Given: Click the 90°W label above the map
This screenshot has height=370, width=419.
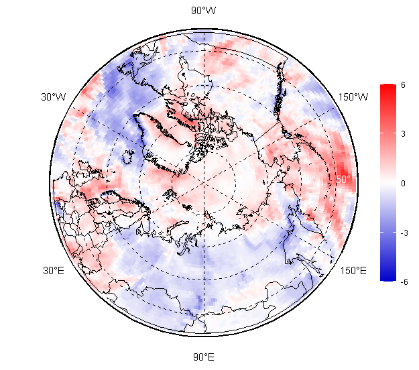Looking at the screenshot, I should click(204, 10).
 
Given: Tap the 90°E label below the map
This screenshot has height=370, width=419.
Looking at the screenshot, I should click(204, 357).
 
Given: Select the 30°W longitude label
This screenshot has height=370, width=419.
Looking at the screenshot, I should click(54, 97).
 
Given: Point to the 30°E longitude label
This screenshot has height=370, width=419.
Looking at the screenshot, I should click(54, 271).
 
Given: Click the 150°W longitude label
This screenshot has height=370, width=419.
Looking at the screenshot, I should click(353, 97).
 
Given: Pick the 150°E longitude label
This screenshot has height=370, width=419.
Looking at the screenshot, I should click(353, 271).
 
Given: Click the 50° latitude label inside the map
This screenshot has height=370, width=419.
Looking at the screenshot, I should click(343, 179).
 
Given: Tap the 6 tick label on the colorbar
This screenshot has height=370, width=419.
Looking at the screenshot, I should click(403, 84).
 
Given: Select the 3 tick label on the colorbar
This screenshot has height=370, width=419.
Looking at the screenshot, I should click(403, 133).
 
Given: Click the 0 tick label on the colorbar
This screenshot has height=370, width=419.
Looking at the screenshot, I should click(403, 182).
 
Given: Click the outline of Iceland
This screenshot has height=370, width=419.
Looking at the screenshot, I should click(127, 159).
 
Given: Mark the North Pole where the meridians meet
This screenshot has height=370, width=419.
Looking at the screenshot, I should click(204, 182).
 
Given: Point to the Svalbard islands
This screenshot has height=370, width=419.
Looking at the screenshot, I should click(170, 195).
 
